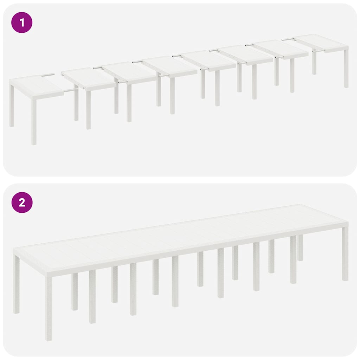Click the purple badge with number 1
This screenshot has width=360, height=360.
(22, 23)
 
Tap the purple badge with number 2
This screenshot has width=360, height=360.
(22, 203)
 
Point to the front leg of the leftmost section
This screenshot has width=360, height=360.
(34, 121)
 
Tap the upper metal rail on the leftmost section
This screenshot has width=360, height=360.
(48, 75)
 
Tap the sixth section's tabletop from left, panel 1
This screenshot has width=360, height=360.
(246, 54)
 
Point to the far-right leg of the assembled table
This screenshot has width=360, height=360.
(345, 253)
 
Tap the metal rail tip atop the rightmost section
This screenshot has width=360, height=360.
(288, 39)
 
